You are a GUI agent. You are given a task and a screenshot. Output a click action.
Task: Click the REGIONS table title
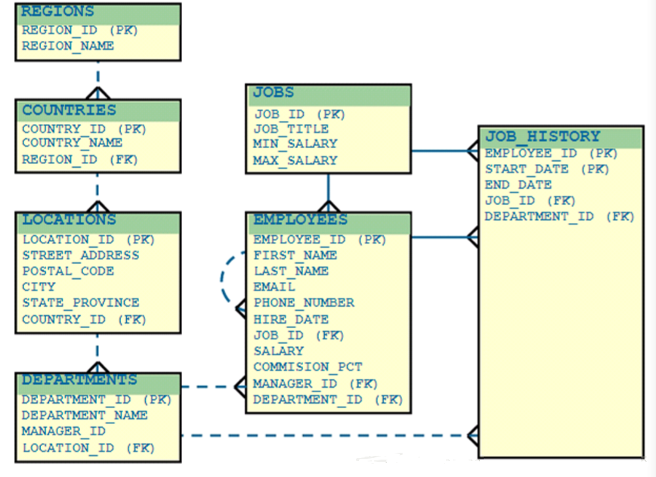coord(58,12)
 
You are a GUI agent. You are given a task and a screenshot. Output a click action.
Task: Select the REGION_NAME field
coord(68,46)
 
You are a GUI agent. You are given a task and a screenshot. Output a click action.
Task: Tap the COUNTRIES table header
coord(69,110)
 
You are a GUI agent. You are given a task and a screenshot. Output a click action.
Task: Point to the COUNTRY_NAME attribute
coord(72,143)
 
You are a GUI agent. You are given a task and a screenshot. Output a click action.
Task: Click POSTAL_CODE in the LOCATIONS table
coord(68,271)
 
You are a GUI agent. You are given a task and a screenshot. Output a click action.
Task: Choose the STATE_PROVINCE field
coord(80,303)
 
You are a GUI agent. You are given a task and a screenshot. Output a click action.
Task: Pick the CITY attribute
coord(39,287)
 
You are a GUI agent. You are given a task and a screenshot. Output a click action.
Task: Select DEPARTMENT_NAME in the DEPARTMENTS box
coord(85,415)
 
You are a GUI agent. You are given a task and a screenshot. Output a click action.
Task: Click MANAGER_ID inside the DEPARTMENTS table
coord(63,431)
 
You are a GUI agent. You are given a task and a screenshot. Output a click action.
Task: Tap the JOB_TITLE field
coord(291,129)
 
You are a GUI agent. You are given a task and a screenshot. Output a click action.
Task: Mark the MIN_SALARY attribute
coord(295,144)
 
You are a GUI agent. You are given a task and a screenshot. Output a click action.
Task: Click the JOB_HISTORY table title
coord(542,137)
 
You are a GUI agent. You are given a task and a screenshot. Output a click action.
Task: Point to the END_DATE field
coord(518,185)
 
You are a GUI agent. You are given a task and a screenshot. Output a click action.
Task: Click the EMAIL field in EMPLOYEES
coord(274,287)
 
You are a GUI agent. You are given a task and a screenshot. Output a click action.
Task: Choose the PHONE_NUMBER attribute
coord(304,303)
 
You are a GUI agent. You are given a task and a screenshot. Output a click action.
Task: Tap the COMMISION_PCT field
coord(308,367)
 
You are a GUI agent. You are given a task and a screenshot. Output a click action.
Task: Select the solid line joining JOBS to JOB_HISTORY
coord(444,151)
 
